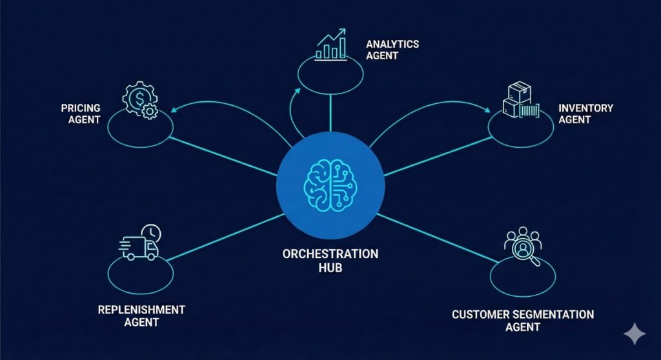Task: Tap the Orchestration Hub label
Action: pyautogui.click(x=330, y=259)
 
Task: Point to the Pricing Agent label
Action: pyautogui.click(x=81, y=114)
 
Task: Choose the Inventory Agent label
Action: pyautogui.click(x=585, y=114)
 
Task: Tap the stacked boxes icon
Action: pyautogui.click(x=520, y=101)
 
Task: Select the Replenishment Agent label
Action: pyautogui.click(x=141, y=315)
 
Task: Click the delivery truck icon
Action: pyautogui.click(x=139, y=246)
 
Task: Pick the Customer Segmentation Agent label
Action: pyautogui.click(x=523, y=321)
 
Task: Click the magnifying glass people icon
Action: pyautogui.click(x=520, y=244)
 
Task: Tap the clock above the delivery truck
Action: pyautogui.click(x=154, y=233)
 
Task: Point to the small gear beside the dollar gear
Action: pyautogui.click(x=150, y=112)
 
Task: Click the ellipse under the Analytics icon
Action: pyautogui.click(x=330, y=73)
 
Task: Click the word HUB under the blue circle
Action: pyautogui.click(x=330, y=266)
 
